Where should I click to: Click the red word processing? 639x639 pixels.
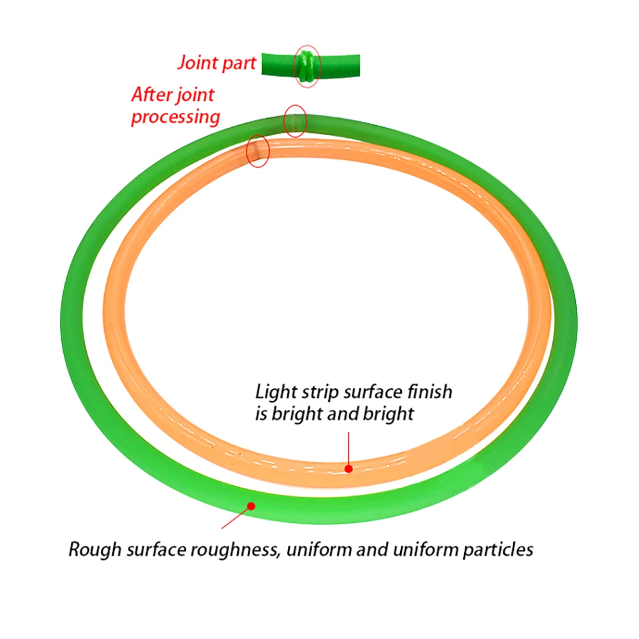[x=176, y=117]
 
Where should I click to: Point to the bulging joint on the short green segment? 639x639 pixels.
[x=306, y=65]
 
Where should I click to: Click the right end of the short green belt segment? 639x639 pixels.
[x=358, y=65]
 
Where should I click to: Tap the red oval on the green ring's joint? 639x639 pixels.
[x=295, y=121]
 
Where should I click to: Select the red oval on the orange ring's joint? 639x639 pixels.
[x=257, y=151]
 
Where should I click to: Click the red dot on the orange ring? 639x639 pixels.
[x=349, y=469]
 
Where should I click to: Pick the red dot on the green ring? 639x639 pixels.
[x=252, y=506]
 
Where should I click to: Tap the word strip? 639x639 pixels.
[x=320, y=393]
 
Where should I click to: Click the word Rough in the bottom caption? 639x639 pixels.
[x=95, y=550]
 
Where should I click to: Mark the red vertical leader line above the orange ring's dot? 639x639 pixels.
[x=349, y=449]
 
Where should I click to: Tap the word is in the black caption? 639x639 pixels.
[x=261, y=414]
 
